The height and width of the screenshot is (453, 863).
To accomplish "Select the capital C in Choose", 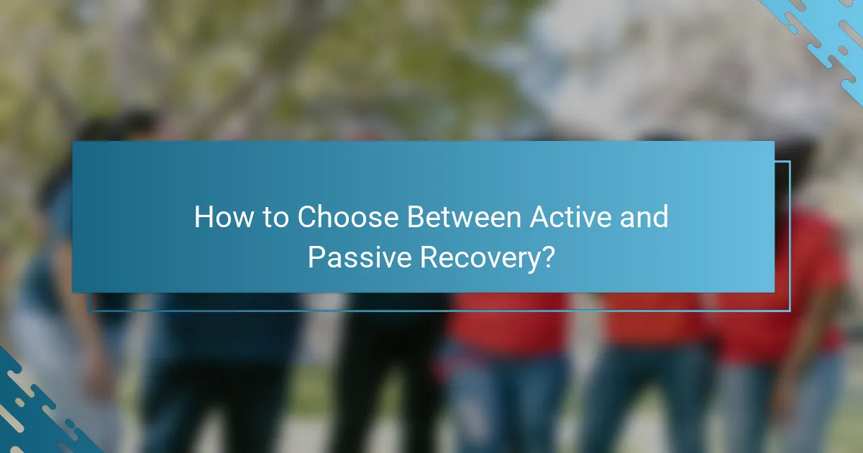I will [x=309, y=217].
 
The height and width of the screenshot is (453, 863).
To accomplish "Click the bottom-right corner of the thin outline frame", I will [x=790, y=311].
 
